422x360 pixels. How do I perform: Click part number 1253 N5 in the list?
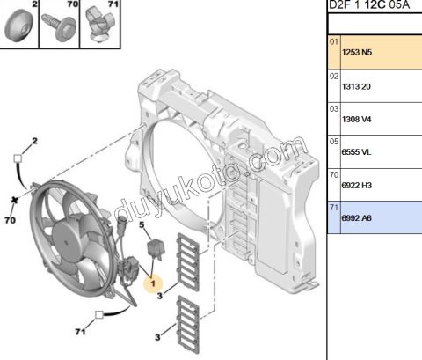[x=356, y=52]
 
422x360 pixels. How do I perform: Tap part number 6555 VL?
[x=355, y=152]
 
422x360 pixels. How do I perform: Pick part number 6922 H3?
[x=356, y=187]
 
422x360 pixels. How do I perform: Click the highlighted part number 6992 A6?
[x=356, y=218]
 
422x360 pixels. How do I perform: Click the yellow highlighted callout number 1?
[x=152, y=283]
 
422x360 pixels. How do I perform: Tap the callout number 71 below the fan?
[x=79, y=333]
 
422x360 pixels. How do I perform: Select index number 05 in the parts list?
[x=333, y=141]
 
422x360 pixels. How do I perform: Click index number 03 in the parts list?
[x=333, y=108]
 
